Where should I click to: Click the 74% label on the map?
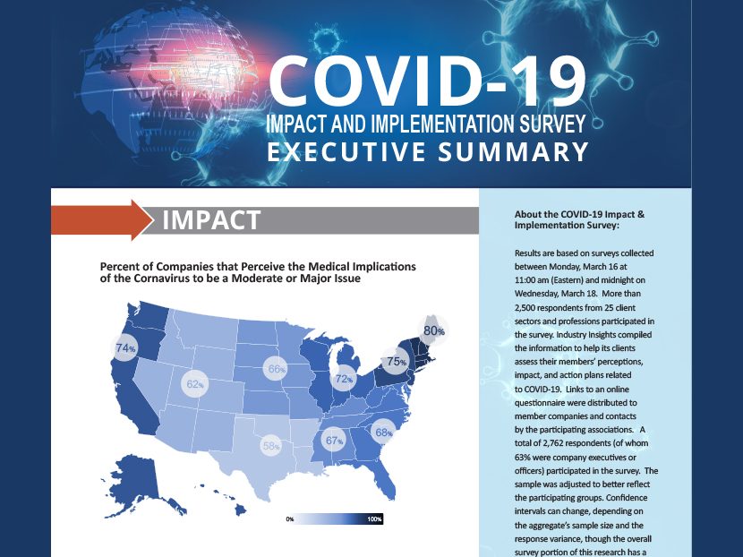[x=124, y=348]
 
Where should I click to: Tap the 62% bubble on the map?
[x=194, y=384]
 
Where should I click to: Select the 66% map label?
[x=276, y=369]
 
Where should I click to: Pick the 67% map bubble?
[x=334, y=440]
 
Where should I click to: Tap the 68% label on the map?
[x=384, y=433]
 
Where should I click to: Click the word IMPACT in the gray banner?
[x=211, y=220]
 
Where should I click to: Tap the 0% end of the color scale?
[x=290, y=519]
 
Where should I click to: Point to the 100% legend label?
[x=375, y=519]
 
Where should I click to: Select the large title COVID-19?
[x=428, y=81]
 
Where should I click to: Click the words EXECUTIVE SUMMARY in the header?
[x=428, y=151]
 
